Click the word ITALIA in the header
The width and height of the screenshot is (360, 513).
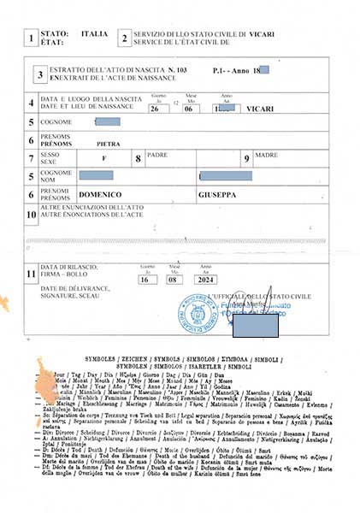click(94, 32)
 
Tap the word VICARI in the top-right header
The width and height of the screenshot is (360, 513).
click(261, 32)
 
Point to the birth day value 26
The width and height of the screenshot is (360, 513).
click(158, 109)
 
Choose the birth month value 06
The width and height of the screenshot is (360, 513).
click(191, 109)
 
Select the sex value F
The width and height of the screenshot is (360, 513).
click(103, 159)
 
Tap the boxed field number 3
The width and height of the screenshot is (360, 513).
click(40, 74)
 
